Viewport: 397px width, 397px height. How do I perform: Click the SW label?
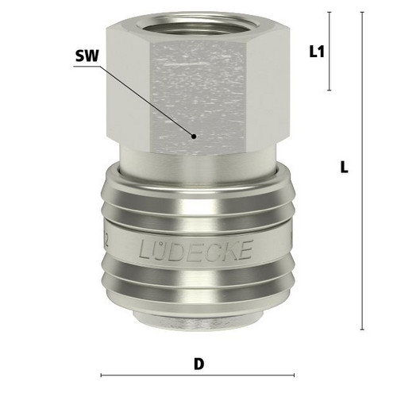87,56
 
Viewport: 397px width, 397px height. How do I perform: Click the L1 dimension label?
317,52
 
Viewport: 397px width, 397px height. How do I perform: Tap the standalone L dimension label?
344,168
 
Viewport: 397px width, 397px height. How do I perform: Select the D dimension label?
199,364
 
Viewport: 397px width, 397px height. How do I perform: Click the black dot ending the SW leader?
194,137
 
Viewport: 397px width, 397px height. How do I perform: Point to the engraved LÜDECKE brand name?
195,250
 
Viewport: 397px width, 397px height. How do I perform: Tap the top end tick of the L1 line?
330,13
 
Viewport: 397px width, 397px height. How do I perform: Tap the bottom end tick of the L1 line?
330,91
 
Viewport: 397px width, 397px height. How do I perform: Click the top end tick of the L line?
362,13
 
